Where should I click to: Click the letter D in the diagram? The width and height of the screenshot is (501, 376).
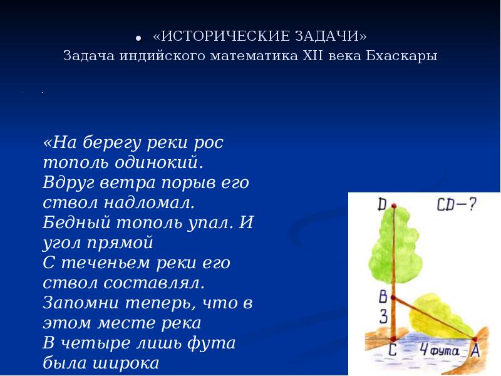coord(382,204)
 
